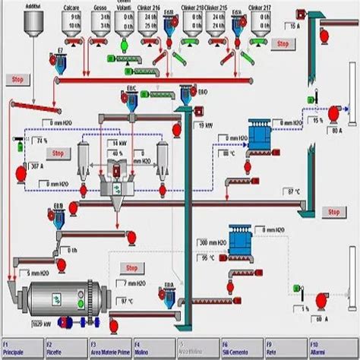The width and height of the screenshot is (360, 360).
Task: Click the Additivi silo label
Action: (x=33, y=5)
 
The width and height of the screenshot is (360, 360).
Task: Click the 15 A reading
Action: (x=291, y=27)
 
